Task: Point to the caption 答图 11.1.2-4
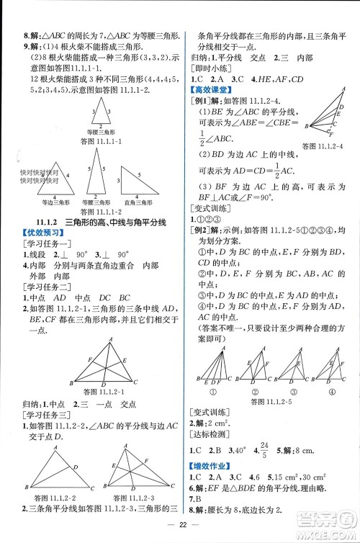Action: (x=328, y=146)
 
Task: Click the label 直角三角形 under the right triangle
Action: (x=139, y=203)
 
